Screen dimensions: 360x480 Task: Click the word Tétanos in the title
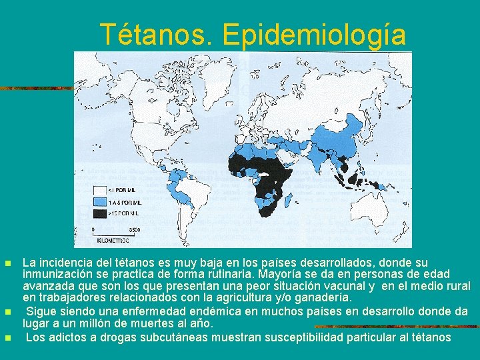pos(158,35)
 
